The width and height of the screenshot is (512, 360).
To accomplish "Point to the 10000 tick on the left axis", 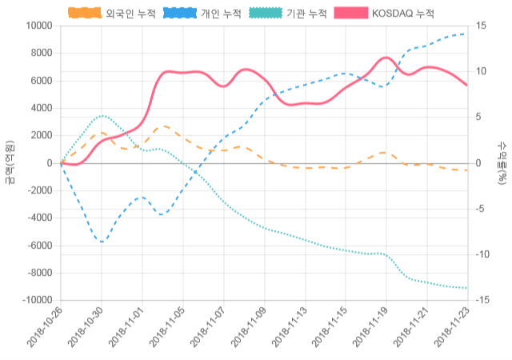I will tap(38, 26).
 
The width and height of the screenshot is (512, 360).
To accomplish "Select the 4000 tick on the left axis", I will tap(41, 108).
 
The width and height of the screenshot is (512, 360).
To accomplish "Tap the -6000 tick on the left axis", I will tap(39, 246).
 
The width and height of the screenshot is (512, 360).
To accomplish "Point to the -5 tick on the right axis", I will tap(482, 209).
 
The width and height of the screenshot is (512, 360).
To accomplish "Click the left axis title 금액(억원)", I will tap(10, 162).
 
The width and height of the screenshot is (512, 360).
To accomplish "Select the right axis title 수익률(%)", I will tap(502, 162).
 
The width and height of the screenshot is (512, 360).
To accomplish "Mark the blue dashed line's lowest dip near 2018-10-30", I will tap(102, 242).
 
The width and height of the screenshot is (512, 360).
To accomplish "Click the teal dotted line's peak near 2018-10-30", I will tap(102, 115).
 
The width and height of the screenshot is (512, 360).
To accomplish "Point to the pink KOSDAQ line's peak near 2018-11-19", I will tap(385, 58).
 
